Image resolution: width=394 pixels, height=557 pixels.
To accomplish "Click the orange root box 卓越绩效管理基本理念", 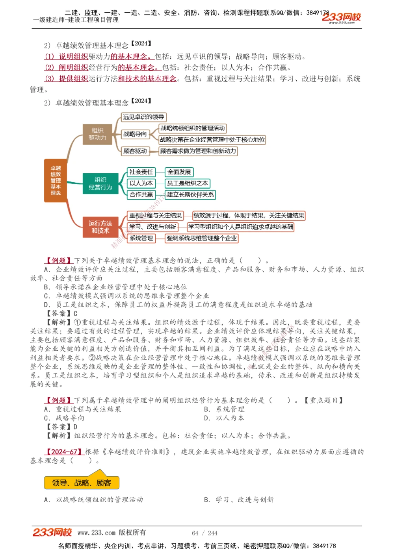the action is click(56, 180).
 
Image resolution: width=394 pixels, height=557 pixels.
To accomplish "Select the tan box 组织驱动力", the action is click(97, 134).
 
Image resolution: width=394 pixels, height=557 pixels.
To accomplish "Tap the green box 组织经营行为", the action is click(100, 183).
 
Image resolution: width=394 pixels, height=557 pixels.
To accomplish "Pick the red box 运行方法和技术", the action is click(100, 227).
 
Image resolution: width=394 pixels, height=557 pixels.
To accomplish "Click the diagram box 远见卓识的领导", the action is click(143, 117).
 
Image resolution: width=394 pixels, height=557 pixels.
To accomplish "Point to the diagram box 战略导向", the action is click(135, 134).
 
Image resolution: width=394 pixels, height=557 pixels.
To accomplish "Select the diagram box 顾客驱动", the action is click(135, 151).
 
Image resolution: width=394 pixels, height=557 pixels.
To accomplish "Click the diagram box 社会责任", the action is click(141, 172).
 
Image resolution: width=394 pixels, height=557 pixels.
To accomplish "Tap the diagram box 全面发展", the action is click(179, 172).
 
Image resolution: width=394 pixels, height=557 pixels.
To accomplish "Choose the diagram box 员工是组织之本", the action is click(187, 183).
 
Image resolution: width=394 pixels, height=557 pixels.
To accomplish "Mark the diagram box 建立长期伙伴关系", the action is click(190, 194).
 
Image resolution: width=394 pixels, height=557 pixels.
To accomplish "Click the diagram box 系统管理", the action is click(141, 238).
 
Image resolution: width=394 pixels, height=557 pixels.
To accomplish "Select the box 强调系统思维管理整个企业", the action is click(201, 238).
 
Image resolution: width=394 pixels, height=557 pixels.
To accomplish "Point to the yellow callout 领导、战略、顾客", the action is click(82, 483).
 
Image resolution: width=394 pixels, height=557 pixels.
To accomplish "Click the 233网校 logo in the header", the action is click(341, 17).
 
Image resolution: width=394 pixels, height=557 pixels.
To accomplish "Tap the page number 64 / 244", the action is click(204, 533).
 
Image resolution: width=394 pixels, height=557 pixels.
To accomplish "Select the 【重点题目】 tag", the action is click(323, 400).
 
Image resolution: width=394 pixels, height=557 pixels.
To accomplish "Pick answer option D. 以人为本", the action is click(224, 418).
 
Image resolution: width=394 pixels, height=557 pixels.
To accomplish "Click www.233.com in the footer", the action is click(97, 533).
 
